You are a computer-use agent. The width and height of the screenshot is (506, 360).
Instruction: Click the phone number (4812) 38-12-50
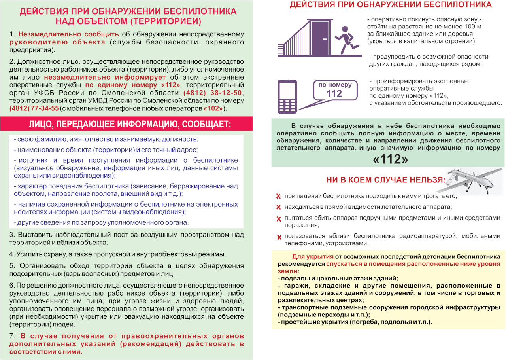pos(213,93)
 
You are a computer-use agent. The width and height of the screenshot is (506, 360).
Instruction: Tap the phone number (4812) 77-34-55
pos(34,108)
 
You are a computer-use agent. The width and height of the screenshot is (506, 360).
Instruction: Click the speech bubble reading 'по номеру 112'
pos(334,90)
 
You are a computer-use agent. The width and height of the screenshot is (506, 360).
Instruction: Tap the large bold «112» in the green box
pos(390,159)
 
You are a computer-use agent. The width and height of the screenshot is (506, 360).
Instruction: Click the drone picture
pos(473,180)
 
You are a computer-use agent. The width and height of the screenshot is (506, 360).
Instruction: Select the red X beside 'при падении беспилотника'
pos(278,196)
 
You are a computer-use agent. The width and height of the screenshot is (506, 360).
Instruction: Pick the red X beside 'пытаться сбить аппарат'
pos(278,219)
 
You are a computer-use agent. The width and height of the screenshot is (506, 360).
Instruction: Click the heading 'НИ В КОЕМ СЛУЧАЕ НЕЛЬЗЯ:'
pos(385,180)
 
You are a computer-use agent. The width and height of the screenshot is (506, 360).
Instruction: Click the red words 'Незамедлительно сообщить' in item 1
pos(68,34)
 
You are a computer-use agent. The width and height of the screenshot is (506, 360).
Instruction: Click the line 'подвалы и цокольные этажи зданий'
pos(338,278)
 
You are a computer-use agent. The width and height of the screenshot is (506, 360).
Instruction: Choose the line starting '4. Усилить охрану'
pos(117,254)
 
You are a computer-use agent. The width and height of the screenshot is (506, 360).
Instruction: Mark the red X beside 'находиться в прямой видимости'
pos(278,207)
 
